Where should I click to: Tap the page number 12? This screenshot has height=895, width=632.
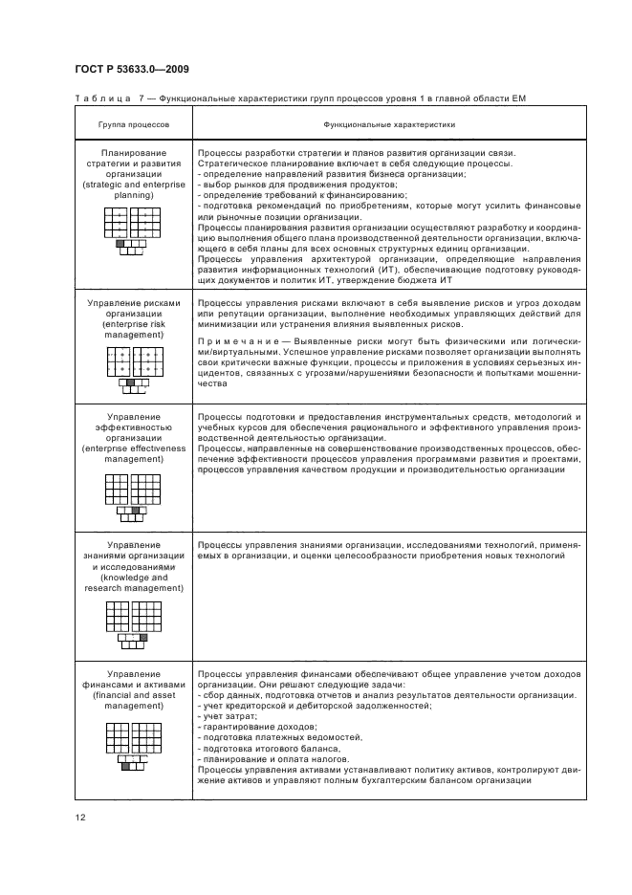coord(79,816)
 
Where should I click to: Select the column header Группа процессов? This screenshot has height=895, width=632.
coord(133,124)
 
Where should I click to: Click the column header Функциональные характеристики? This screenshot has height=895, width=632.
coord(388,124)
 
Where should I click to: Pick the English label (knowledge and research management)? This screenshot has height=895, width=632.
coord(133,583)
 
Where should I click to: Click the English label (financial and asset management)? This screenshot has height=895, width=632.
coord(133,704)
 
